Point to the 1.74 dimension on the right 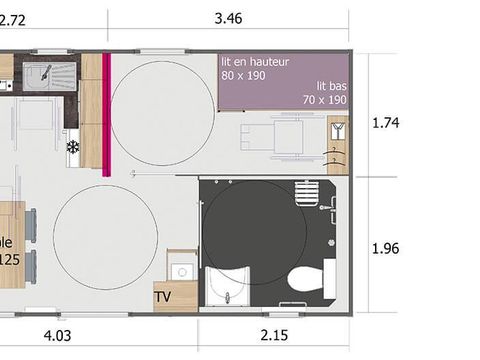pyautogui.click(x=385, y=123)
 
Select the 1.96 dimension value pyautogui.click(x=385, y=247)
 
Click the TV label pyautogui.click(x=163, y=297)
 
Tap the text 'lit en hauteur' pyautogui.click(x=255, y=62)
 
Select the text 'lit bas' pyautogui.click(x=331, y=86)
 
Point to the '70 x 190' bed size pyautogui.click(x=325, y=100)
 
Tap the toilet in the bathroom pyautogui.click(x=300, y=277)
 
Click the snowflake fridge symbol pyautogui.click(x=72, y=147)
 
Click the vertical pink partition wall pyautogui.click(x=106, y=114)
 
